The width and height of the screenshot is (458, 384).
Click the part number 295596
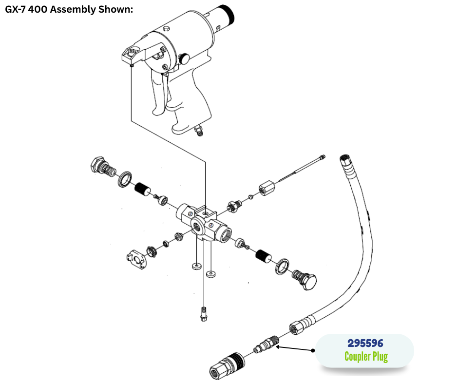pyautogui.click(x=365, y=343)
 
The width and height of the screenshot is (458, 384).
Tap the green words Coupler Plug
pyautogui.click(x=366, y=357)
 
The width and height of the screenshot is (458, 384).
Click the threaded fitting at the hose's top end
pyautogui.click(x=345, y=159)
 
